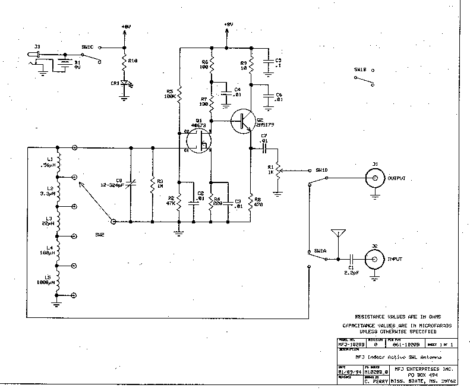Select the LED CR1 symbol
(x=124, y=84)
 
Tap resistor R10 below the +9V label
(x=124, y=61)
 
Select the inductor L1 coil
(x=58, y=162)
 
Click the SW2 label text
(x=100, y=234)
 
